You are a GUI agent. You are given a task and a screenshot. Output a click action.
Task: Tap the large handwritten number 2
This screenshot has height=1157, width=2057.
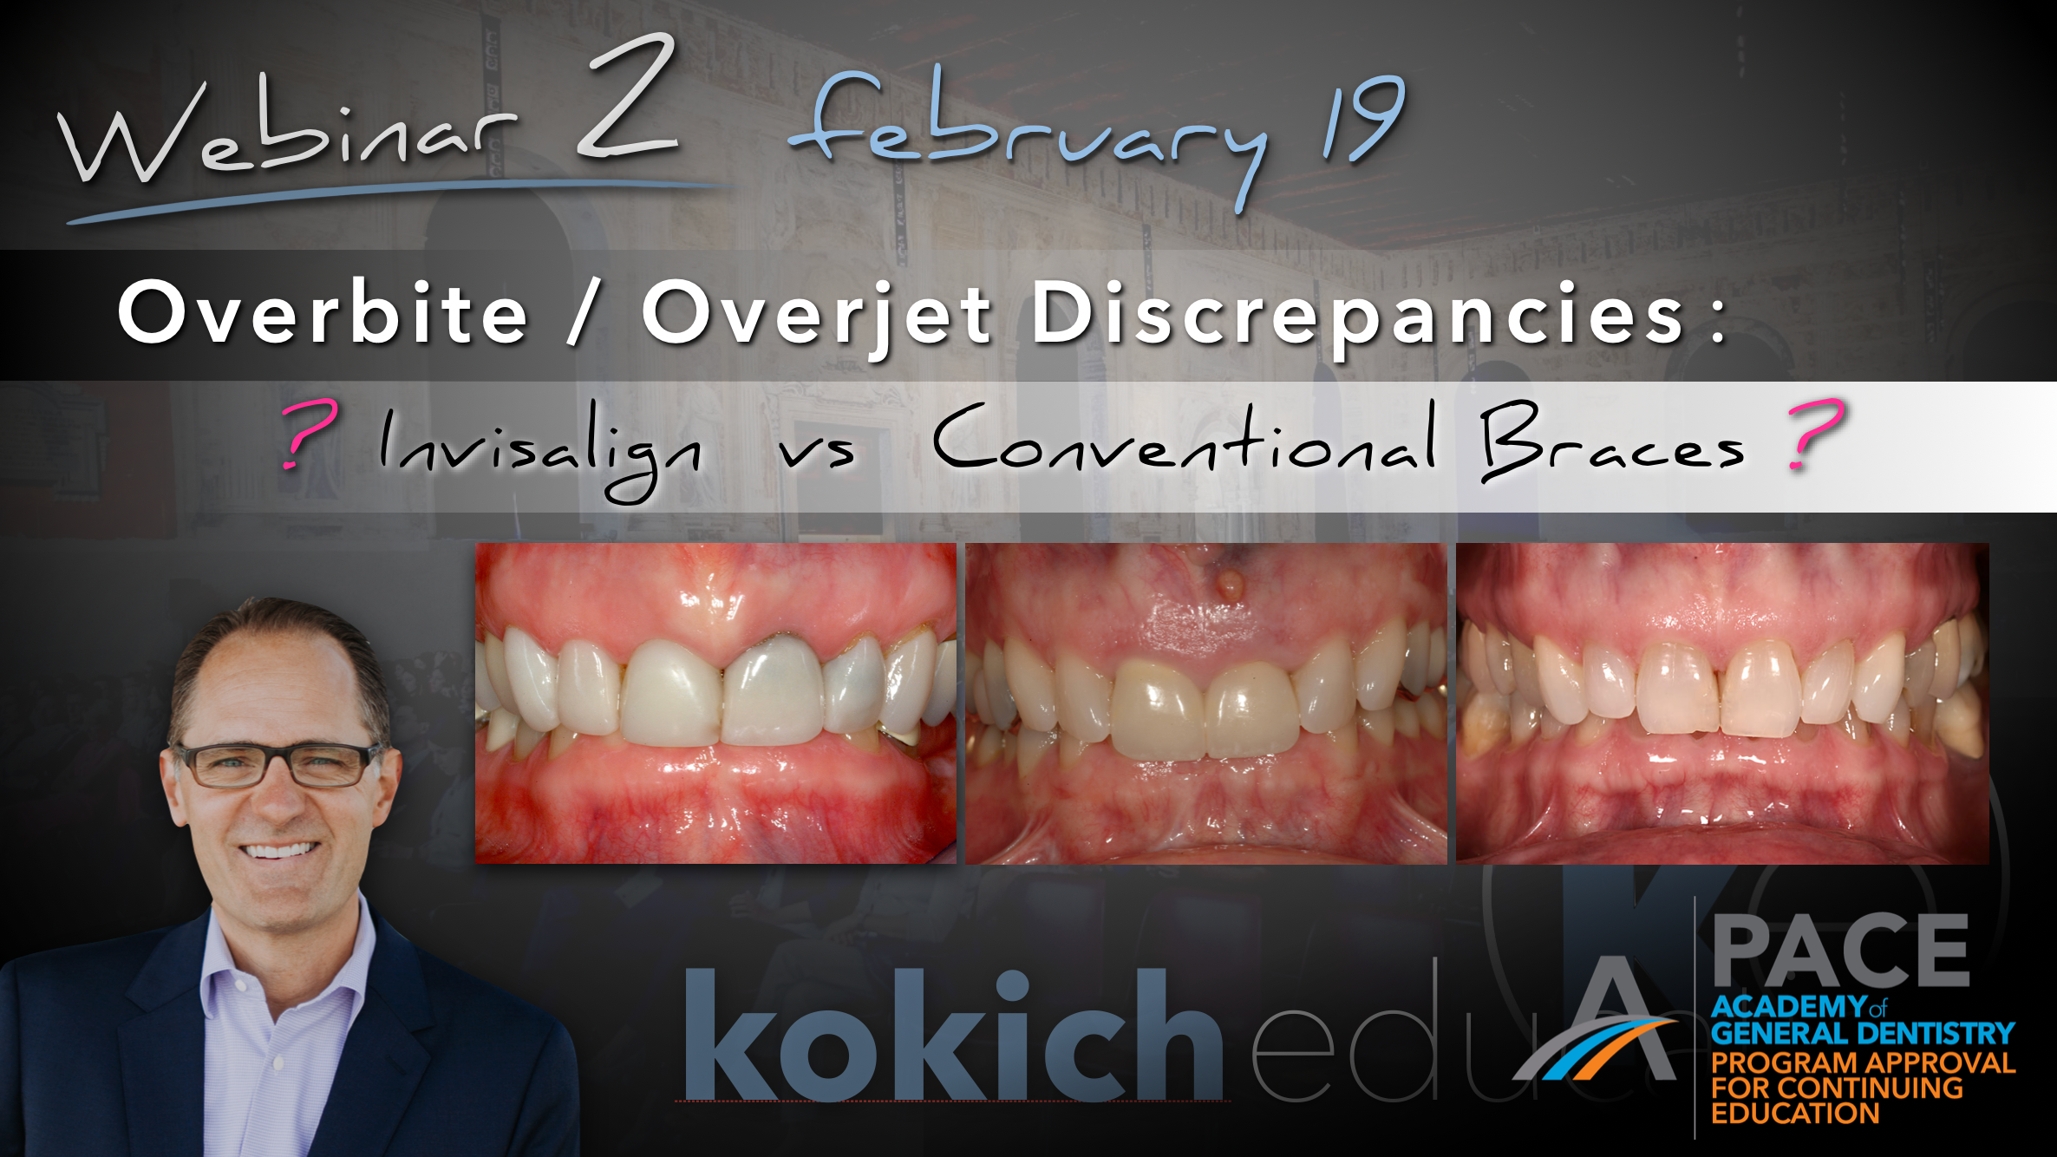[x=627, y=100]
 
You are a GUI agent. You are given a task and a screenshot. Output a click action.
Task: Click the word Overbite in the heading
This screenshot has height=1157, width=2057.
[x=323, y=314]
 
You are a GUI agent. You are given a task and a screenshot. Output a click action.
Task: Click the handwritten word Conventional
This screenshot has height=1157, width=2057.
[x=1184, y=442]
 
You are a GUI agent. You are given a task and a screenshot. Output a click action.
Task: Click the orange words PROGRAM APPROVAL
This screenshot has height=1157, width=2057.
[x=1863, y=1062]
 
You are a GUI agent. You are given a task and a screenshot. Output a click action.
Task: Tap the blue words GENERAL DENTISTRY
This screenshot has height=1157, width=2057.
[x=1863, y=1034]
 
